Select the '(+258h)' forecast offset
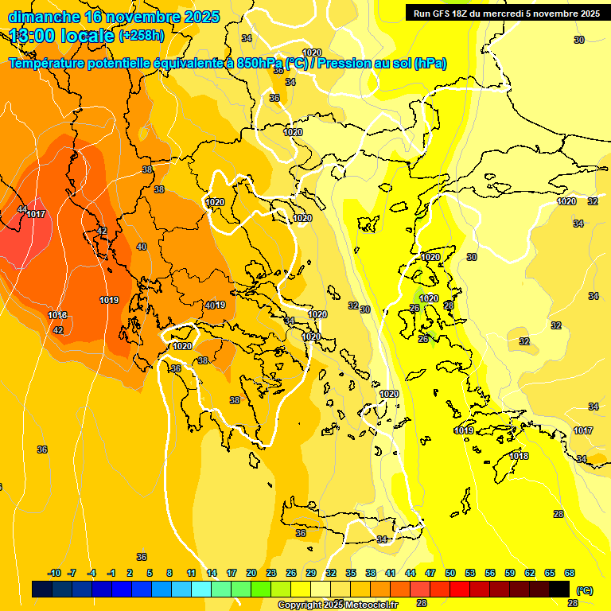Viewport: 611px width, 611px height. click(142, 36)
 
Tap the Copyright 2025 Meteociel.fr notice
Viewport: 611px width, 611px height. click(337, 605)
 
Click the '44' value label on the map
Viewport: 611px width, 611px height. click(21, 209)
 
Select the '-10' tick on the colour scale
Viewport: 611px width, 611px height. click(54, 573)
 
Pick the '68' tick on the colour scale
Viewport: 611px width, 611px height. click(570, 573)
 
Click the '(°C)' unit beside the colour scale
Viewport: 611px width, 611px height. click(585, 590)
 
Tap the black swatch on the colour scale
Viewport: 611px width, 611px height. click(559, 589)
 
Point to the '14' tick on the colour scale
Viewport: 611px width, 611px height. click(212, 573)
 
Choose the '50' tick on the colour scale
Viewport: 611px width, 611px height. click(450, 573)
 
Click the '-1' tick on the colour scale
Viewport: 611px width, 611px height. click(111, 573)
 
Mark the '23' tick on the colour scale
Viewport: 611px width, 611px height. click(271, 573)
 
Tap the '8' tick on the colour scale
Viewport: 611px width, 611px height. click(169, 573)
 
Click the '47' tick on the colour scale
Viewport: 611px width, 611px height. click(430, 573)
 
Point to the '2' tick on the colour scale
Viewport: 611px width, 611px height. click(130, 573)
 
